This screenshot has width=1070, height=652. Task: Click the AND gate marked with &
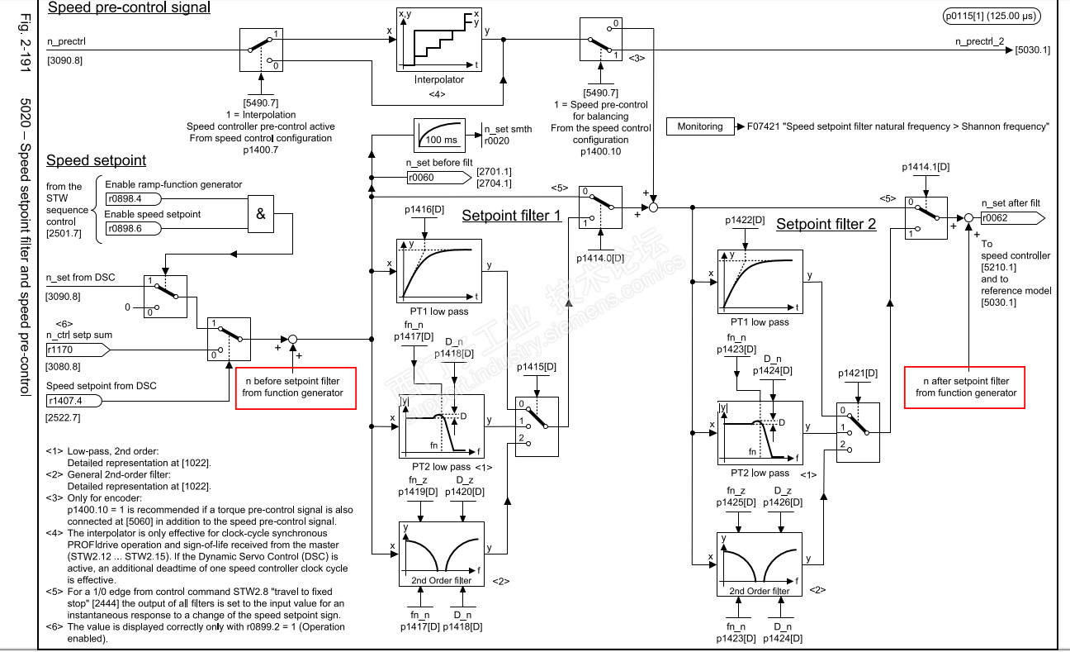tap(261, 213)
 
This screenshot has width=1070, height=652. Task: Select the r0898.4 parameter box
tap(134, 199)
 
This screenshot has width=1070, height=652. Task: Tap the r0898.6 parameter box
tap(134, 229)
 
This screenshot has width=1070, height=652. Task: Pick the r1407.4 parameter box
tap(75, 401)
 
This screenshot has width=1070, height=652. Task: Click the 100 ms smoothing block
tap(447, 134)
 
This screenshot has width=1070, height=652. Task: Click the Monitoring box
tap(699, 126)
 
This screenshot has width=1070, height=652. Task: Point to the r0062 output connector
tap(1012, 218)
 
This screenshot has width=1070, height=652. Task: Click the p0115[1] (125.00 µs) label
tap(992, 16)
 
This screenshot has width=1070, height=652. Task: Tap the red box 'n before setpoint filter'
tap(296, 388)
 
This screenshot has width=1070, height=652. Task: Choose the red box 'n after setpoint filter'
tap(965, 387)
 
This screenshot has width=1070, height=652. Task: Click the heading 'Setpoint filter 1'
tap(511, 217)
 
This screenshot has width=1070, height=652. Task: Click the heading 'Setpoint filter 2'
tap(826, 224)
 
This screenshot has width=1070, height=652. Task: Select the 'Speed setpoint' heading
tap(96, 160)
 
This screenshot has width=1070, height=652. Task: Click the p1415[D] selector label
tap(537, 366)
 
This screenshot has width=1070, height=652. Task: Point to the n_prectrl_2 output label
tap(979, 42)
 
